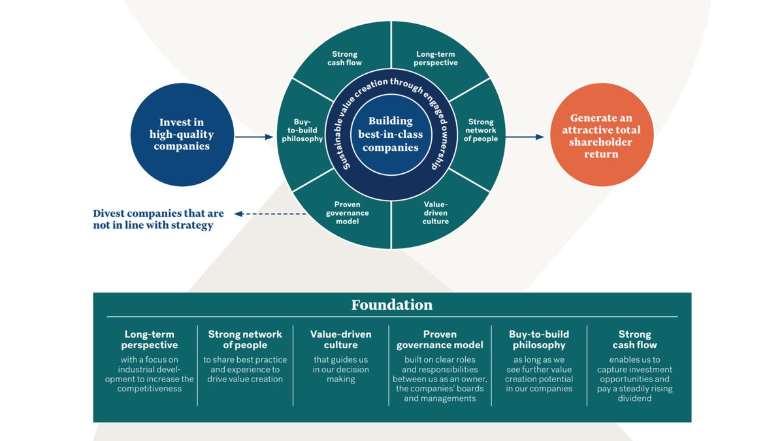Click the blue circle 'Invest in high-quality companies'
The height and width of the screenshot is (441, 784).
point(182,134)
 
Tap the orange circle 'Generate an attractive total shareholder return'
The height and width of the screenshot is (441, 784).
point(602,135)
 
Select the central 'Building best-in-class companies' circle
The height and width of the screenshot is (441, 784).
point(390,135)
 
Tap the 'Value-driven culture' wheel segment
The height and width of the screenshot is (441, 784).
point(436,212)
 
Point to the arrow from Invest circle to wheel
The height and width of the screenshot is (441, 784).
point(253,137)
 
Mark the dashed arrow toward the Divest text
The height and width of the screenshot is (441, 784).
point(270,214)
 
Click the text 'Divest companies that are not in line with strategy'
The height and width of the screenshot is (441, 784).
point(158,220)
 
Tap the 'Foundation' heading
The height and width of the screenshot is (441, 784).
point(391,305)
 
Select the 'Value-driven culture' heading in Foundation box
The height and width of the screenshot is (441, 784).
point(340,339)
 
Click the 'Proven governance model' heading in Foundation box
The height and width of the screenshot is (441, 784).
point(440,339)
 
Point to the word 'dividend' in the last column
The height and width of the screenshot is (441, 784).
point(634,398)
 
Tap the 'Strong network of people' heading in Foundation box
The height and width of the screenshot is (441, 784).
point(245,339)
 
